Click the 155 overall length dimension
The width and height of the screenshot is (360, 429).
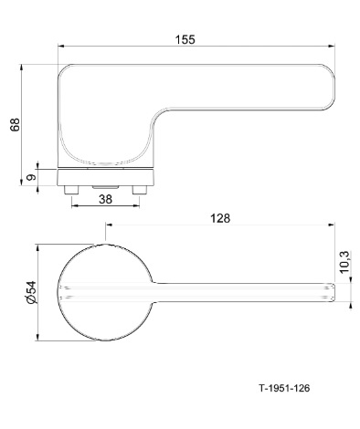185,39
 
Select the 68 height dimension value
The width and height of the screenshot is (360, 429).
15,124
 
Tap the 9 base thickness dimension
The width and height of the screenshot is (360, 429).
31,177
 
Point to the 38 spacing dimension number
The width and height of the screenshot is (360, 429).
105,199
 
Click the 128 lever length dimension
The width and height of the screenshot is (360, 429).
220,218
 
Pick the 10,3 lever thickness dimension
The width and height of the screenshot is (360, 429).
344,262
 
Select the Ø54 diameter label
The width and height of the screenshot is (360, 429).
31,292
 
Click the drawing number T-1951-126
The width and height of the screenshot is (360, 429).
284,388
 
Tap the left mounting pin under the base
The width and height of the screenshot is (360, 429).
71,190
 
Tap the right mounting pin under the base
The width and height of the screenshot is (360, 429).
140,190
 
